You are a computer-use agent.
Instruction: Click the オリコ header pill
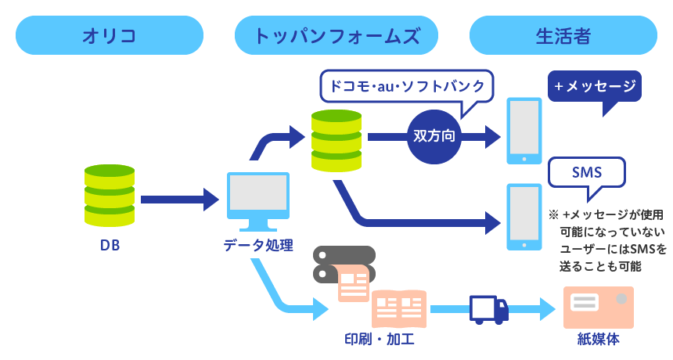click(x=109, y=35)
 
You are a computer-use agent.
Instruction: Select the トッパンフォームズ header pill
click(x=337, y=35)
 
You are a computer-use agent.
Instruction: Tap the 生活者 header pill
click(x=563, y=35)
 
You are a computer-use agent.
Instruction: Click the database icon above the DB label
click(x=110, y=195)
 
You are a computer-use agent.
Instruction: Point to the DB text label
click(x=110, y=246)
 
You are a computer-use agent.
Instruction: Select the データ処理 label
click(x=258, y=246)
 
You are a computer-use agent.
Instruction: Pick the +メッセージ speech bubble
click(x=594, y=87)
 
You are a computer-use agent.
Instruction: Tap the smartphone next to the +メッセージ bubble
click(x=524, y=131)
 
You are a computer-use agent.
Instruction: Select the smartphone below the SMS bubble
click(x=524, y=217)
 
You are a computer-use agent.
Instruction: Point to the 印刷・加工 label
click(x=380, y=339)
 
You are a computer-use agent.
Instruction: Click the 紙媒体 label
click(x=599, y=339)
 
